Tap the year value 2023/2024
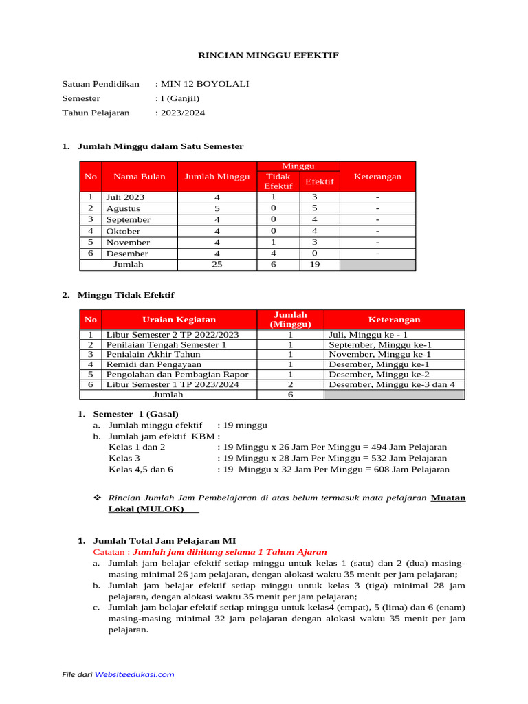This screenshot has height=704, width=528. pyautogui.click(x=182, y=113)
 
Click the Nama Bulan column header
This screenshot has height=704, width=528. pyautogui.click(x=140, y=177)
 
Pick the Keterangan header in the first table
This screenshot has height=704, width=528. pyautogui.click(x=377, y=177)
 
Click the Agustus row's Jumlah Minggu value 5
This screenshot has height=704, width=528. pyautogui.click(x=217, y=208)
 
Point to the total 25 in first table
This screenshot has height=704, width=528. pyautogui.click(x=217, y=265)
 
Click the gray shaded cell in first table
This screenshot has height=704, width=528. pyautogui.click(x=377, y=265)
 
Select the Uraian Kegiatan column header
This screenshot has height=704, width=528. pyautogui.click(x=179, y=320)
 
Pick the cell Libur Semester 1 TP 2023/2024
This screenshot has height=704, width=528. pyautogui.click(x=173, y=384)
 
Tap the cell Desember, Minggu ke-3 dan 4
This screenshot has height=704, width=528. pyautogui.click(x=392, y=384)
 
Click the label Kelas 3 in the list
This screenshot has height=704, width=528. pyautogui.click(x=124, y=458)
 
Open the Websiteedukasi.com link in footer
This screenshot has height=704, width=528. pyautogui.click(x=134, y=674)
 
